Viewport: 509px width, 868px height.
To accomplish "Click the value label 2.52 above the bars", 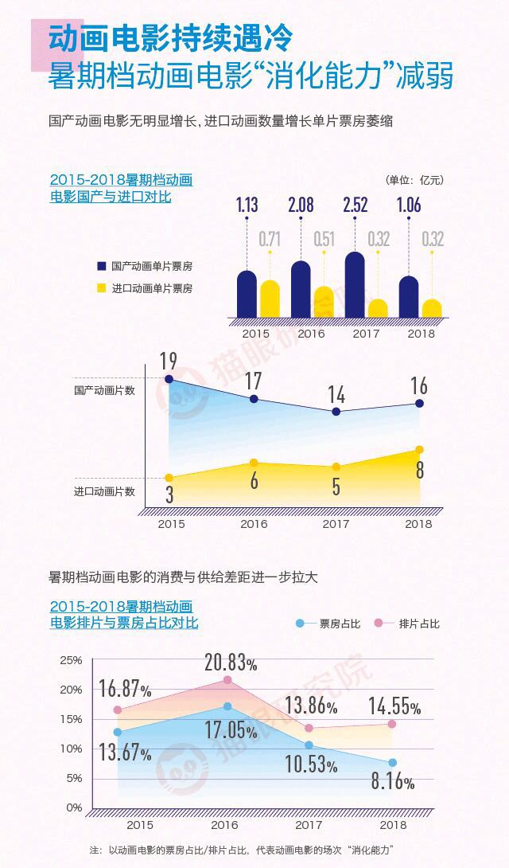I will click(355, 205).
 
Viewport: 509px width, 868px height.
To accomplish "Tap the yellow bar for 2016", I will click(324, 303).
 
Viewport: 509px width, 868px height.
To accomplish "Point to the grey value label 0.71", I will click(270, 237).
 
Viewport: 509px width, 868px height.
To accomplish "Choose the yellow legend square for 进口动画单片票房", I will click(102, 287).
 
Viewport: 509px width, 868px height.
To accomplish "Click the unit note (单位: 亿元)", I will click(414, 180).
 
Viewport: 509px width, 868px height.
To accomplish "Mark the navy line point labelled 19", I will click(169, 379).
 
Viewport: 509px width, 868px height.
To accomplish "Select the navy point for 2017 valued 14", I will click(336, 412).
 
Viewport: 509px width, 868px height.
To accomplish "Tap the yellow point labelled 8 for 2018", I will click(419, 450).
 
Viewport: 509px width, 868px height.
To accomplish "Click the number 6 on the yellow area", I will click(254, 481).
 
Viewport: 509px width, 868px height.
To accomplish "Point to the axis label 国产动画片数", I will click(104, 390).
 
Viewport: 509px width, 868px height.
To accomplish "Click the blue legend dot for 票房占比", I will click(300, 624).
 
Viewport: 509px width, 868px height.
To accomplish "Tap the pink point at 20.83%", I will click(227, 680).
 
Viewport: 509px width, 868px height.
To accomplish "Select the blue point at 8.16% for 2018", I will click(392, 762).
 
